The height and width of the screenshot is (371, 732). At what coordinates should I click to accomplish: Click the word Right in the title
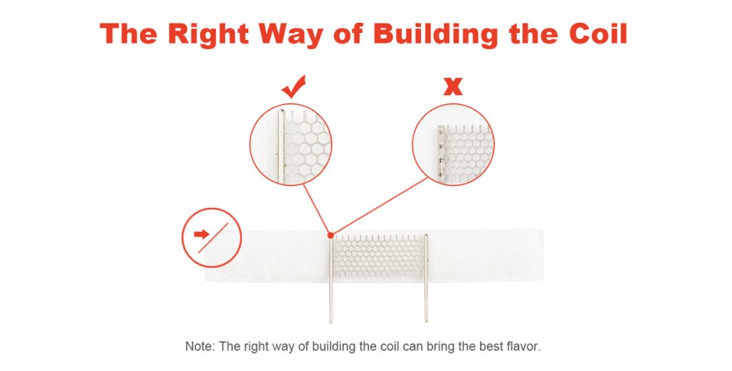coord(208,34)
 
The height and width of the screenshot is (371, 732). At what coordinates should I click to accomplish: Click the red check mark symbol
coord(294,86)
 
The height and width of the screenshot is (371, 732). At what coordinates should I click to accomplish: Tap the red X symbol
coord(452,86)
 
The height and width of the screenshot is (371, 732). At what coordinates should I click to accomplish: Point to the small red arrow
coord(202,234)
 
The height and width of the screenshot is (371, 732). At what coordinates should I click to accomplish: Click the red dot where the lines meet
coord(330,235)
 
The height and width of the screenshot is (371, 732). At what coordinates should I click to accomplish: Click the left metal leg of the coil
coord(331,280)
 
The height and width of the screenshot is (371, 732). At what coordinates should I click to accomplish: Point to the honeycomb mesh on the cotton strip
coord(379,257)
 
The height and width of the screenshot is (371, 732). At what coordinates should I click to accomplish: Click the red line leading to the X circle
coord(380,207)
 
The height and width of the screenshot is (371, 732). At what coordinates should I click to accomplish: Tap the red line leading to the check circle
coord(317,209)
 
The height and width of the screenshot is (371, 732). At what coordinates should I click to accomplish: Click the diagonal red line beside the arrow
coord(213,238)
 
